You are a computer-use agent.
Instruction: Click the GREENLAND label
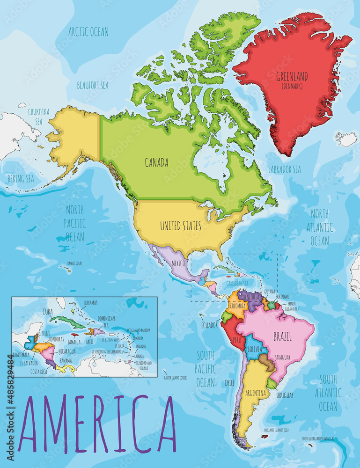[292, 76]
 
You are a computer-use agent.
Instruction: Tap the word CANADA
[156, 163]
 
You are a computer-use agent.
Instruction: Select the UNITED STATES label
[180, 226]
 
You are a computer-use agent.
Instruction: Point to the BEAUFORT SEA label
[93, 85]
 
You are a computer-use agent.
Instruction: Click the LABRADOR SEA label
[284, 169]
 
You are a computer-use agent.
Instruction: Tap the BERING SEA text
[21, 179]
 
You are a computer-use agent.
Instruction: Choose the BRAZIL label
[282, 336]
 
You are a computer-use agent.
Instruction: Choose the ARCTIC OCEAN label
[88, 32]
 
